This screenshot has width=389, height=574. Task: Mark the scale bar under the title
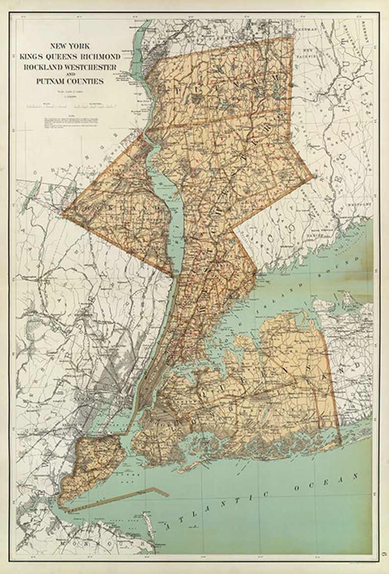67,105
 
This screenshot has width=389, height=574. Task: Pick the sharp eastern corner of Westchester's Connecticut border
312,176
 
